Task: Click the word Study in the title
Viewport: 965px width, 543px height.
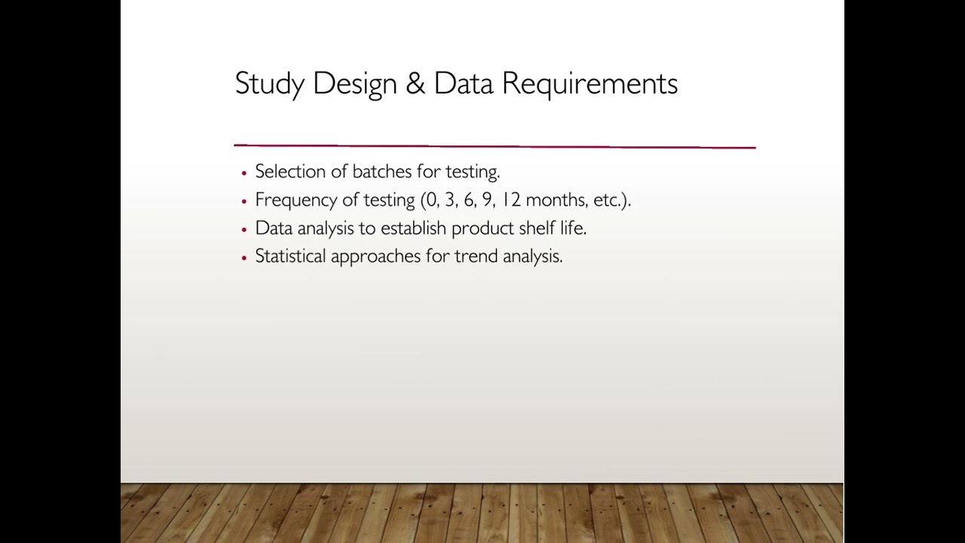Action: point(269,84)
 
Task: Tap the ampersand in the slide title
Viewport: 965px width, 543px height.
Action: point(415,84)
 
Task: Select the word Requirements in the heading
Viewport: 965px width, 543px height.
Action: point(590,84)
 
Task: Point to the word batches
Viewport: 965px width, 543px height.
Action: point(381,172)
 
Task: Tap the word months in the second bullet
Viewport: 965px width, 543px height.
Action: point(556,200)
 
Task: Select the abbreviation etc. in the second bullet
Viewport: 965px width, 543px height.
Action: point(607,200)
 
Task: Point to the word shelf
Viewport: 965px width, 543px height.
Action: point(536,228)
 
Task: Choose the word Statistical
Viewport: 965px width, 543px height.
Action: point(290,256)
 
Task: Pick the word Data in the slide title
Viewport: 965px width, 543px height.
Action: point(463,84)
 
